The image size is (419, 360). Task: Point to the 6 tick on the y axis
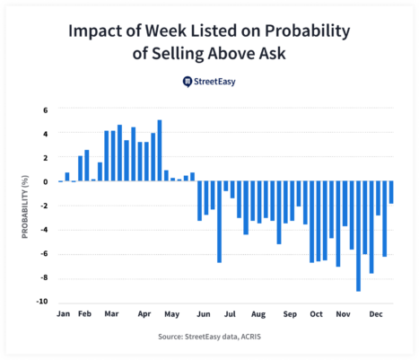click(45, 110)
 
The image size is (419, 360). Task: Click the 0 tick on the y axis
click(45, 181)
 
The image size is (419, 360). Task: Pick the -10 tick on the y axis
click(42, 301)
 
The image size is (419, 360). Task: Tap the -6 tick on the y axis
click(43, 253)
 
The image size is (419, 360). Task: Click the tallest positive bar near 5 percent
click(160, 151)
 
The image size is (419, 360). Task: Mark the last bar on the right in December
click(391, 191)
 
